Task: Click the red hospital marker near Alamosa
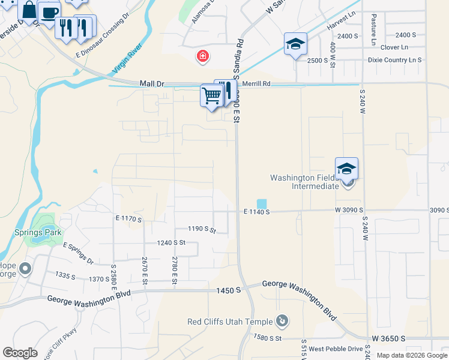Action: (203, 57)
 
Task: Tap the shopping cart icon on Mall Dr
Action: (211, 95)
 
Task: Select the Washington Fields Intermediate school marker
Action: (346, 169)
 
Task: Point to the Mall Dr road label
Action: (151, 85)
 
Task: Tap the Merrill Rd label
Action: (258, 84)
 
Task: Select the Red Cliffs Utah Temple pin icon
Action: (282, 322)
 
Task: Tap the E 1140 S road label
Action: (257, 212)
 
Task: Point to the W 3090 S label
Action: (349, 211)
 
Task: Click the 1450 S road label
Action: (229, 290)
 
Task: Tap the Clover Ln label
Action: (394, 47)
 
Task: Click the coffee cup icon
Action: (49, 12)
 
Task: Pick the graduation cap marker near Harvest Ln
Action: (295, 44)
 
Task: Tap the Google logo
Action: (20, 353)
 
